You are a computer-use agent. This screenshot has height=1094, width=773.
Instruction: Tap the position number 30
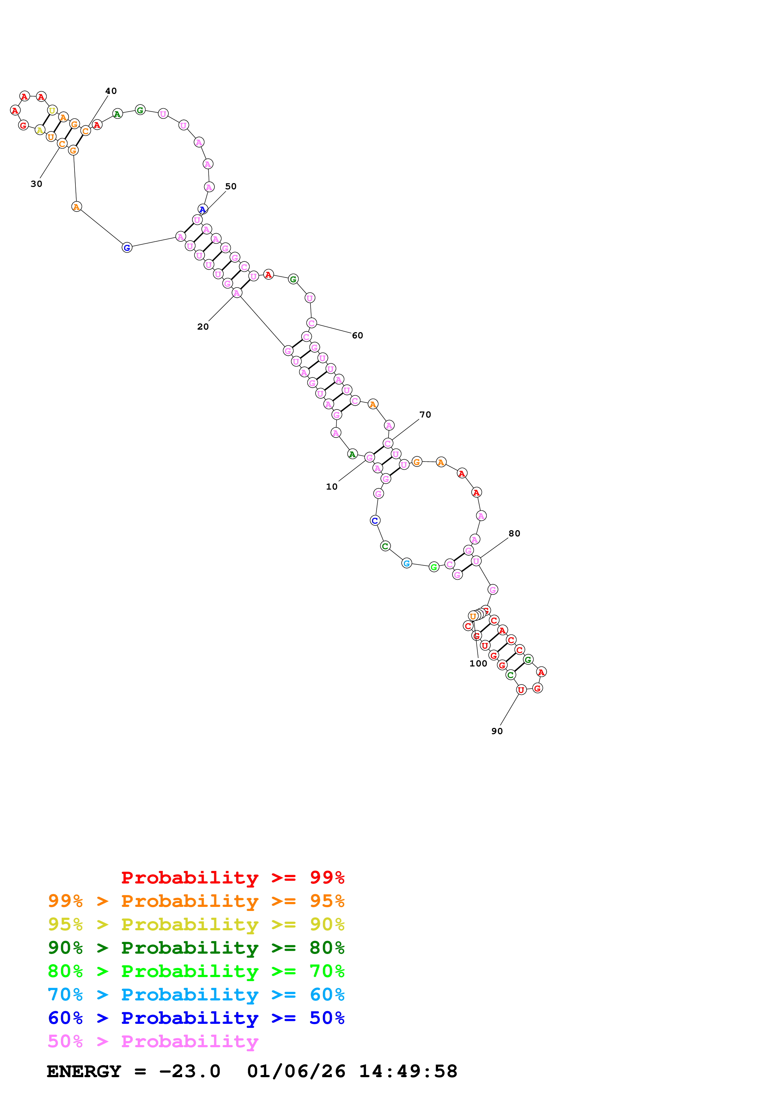(x=36, y=184)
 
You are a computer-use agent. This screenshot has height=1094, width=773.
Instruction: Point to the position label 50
(x=230, y=186)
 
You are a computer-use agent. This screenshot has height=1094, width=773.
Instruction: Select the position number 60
(x=357, y=336)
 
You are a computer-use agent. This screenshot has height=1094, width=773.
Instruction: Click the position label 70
(x=425, y=414)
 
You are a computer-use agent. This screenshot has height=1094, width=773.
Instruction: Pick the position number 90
(x=497, y=731)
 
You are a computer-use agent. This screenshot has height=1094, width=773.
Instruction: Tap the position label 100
(x=478, y=663)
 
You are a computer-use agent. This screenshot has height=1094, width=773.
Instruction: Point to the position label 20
(x=203, y=327)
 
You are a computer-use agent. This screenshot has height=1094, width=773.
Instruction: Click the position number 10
(x=331, y=486)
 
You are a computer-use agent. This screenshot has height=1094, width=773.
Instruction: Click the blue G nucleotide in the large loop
(x=127, y=248)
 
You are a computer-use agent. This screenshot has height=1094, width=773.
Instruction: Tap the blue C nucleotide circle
(x=375, y=520)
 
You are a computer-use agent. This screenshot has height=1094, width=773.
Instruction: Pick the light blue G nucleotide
(x=406, y=563)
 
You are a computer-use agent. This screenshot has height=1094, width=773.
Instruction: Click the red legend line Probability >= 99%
(x=232, y=877)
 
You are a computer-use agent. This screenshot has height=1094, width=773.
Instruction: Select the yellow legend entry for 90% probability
(x=196, y=924)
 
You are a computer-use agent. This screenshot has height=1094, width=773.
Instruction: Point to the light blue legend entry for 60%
(x=196, y=995)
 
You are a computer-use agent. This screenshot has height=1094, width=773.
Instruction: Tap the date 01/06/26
(x=296, y=1071)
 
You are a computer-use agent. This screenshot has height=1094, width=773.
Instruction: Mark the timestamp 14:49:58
(x=408, y=1071)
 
